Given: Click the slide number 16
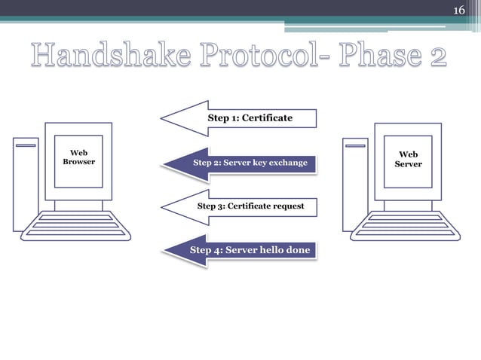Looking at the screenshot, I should pos(459,11).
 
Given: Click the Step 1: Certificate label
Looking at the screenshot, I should pos(250,118).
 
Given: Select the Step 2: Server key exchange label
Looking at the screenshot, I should pos(250,163).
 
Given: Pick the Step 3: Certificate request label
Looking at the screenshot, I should pos(250,206).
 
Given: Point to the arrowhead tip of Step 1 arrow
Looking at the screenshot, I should pos(162,118).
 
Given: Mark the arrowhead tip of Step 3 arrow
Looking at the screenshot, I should pos(162,206).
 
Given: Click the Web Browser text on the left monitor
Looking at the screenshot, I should pos(78,157).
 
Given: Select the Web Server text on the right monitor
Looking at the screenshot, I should pos(408,159).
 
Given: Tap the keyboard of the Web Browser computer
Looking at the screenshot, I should pos(78,225).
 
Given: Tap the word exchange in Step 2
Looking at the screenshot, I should pos(286,163).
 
